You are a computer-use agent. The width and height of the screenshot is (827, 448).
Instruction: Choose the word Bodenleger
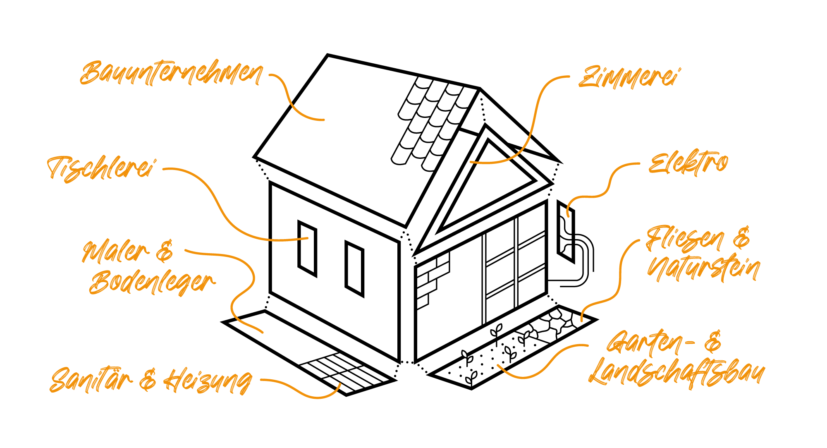[x=152, y=283]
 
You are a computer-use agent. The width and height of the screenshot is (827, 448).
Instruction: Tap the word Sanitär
[x=91, y=380]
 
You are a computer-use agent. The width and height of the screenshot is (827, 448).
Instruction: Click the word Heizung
[x=208, y=381]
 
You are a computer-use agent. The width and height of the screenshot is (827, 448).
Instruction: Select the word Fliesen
[x=685, y=240]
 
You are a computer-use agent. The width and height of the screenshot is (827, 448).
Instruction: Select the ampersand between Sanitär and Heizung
[x=148, y=380]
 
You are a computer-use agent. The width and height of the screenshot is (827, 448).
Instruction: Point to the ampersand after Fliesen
[x=741, y=237]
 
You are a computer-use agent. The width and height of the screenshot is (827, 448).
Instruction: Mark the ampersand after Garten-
[x=713, y=342]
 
